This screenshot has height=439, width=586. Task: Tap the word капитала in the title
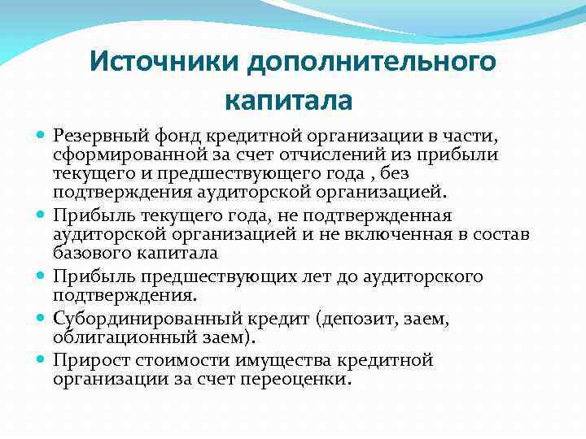[x=288, y=102]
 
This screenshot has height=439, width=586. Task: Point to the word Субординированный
[x=137, y=318]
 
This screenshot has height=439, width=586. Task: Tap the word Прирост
[x=88, y=359]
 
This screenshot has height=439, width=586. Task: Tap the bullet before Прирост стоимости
[x=42, y=360]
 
